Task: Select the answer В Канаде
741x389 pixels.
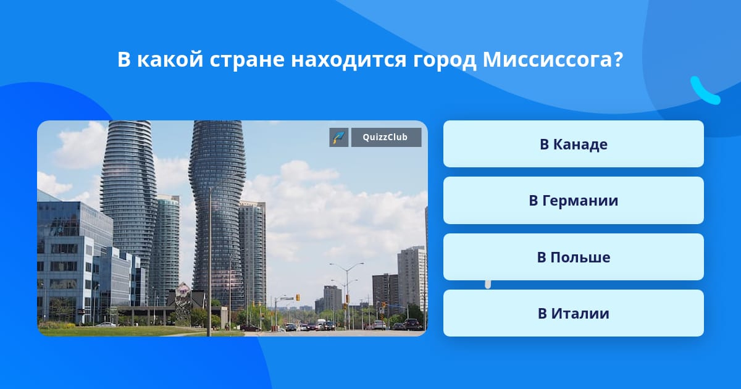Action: (x=573, y=144)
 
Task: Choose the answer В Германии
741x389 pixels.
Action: (x=573, y=201)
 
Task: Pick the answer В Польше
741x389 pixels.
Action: (x=573, y=257)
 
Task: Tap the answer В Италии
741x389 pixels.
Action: (x=573, y=313)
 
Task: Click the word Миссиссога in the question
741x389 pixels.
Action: (x=548, y=59)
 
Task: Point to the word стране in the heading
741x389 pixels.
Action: (x=247, y=61)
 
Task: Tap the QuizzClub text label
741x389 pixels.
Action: (x=385, y=137)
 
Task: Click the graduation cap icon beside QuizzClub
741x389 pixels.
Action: (x=339, y=137)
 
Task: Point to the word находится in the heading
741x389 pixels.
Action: (x=349, y=61)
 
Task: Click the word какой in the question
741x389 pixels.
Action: (x=170, y=59)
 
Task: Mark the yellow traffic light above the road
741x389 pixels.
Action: (x=298, y=298)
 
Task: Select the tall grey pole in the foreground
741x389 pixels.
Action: (x=209, y=261)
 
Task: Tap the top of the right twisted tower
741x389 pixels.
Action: (x=217, y=122)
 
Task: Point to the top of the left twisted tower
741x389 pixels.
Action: (x=129, y=122)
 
